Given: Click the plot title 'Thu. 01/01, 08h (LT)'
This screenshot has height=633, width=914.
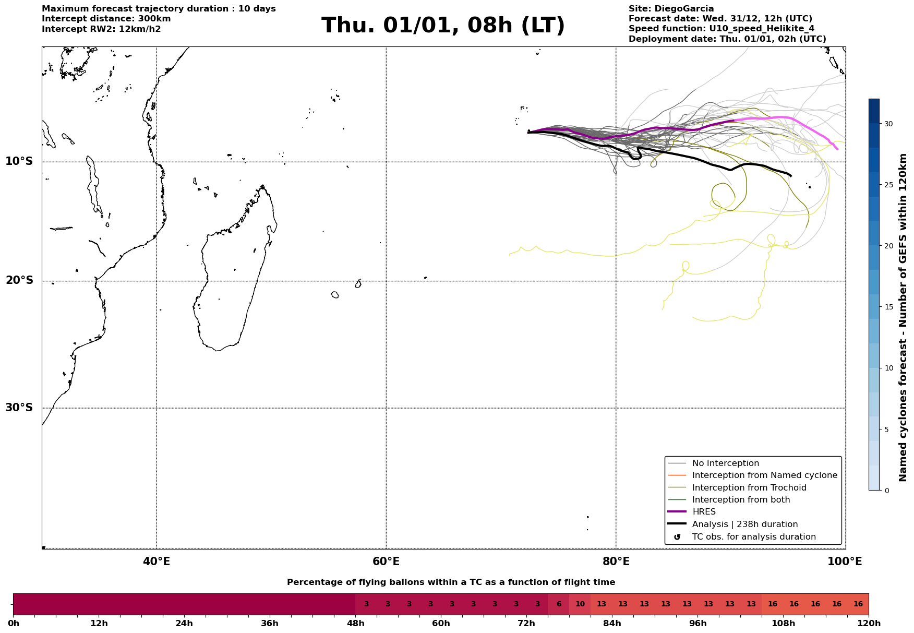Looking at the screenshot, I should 443,26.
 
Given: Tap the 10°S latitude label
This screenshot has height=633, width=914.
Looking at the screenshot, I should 19,161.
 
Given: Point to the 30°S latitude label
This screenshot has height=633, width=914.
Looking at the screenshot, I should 19,408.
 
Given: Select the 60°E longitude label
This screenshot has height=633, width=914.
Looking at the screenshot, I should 386,562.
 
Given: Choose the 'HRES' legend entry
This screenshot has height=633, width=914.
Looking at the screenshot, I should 704,512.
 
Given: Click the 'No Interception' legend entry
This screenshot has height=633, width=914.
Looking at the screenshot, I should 725,463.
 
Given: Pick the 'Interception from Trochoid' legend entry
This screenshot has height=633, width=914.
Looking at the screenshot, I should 749,488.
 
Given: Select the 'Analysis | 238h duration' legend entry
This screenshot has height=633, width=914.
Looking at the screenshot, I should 744,524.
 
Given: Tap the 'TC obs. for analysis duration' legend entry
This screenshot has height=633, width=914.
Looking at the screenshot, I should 753,537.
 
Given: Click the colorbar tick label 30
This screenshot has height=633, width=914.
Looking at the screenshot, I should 888,124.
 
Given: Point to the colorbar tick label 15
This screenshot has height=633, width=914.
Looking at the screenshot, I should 888,307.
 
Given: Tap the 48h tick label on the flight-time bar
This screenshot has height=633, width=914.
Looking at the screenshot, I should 355,624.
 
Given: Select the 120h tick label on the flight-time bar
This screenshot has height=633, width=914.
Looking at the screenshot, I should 868,624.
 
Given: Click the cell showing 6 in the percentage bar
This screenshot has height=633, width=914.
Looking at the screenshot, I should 559,604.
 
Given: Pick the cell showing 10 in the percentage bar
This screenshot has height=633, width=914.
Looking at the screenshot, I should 580,604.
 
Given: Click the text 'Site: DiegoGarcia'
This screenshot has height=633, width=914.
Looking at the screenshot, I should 671,9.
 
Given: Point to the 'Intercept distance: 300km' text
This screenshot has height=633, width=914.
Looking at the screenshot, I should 106,19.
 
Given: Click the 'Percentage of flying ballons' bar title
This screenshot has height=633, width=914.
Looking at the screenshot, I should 451,582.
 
